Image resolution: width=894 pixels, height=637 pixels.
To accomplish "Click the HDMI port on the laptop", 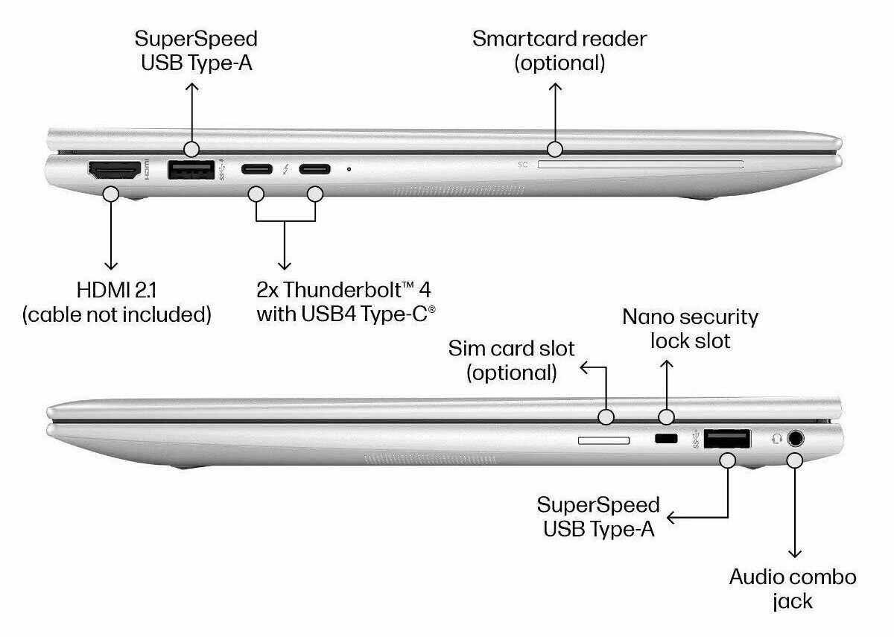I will (x=115, y=171).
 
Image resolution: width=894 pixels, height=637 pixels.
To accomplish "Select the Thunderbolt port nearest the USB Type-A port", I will (x=256, y=169).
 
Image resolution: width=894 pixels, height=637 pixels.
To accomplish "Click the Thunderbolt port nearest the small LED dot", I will (x=314, y=169).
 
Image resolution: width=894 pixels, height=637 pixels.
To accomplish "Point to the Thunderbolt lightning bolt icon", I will (x=285, y=170).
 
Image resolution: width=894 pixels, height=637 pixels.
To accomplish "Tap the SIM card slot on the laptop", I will (x=603, y=440).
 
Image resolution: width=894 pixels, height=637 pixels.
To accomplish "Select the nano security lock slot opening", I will (x=665, y=440).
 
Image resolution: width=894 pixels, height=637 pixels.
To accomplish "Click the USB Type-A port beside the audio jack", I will (x=727, y=439).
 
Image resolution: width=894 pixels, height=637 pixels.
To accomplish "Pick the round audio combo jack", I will (x=796, y=438).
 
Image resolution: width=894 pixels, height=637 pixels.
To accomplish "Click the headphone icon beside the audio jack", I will (x=776, y=438).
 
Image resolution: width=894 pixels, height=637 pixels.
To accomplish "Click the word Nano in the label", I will (x=648, y=317).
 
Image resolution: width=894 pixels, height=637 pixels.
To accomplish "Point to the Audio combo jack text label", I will (x=793, y=588).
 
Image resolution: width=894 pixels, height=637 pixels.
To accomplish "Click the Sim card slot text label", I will (x=511, y=360).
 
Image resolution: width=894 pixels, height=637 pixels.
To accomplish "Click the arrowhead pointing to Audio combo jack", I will (x=795, y=553).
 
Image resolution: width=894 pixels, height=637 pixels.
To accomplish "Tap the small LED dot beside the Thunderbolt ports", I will (x=349, y=169).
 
